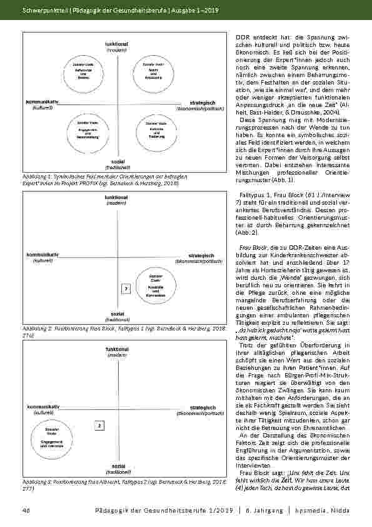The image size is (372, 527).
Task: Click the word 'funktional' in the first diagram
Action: (116, 44)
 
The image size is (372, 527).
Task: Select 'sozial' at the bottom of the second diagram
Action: (117, 313)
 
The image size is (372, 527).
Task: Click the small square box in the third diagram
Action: (99, 426)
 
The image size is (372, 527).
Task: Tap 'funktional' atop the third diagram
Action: (117, 348)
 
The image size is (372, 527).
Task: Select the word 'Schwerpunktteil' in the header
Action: (43, 11)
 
